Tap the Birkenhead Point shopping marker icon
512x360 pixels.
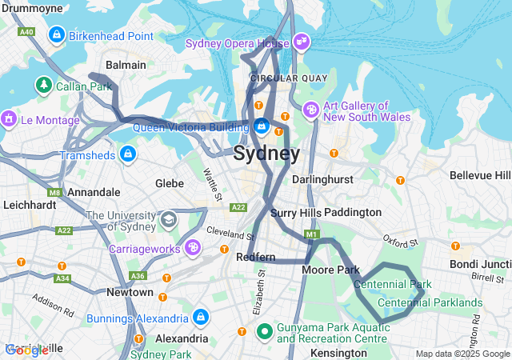57,35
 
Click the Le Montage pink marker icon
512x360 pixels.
9,120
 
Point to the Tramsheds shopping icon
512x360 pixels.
127,152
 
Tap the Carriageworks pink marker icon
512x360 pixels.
192,248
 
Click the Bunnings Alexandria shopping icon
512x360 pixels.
201,318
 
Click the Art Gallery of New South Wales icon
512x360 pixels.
311,110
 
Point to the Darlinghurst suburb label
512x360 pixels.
322,180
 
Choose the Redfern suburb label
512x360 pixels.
256,258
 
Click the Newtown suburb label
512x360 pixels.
130,293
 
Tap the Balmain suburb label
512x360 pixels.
126,65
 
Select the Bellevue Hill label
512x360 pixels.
480,174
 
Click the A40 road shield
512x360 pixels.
27,31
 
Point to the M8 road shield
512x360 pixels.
54,192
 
